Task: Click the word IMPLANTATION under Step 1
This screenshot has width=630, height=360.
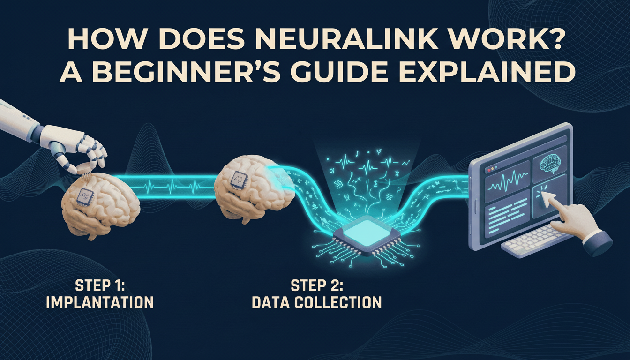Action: pos(100,302)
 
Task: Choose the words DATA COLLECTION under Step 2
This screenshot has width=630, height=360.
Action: pos(317,302)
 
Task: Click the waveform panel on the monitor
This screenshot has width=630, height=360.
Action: pos(505,187)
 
